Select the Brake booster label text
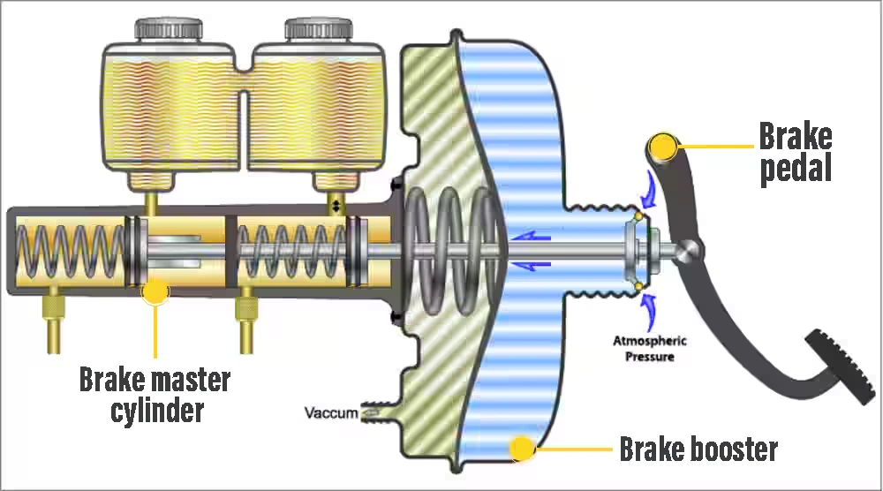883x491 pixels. click(698, 449)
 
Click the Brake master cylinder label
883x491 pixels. click(155, 395)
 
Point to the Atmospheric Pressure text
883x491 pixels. click(651, 349)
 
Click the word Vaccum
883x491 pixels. click(331, 412)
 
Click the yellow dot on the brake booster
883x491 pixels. click(523, 449)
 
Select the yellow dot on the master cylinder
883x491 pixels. click(155, 291)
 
